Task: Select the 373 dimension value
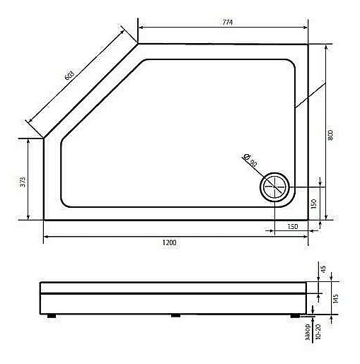click(23, 181)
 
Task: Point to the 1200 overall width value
click(170, 242)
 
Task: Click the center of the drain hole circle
click(274, 188)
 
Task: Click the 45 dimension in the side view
click(324, 270)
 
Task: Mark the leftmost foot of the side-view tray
click(51, 315)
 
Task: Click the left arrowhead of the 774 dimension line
click(140, 28)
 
